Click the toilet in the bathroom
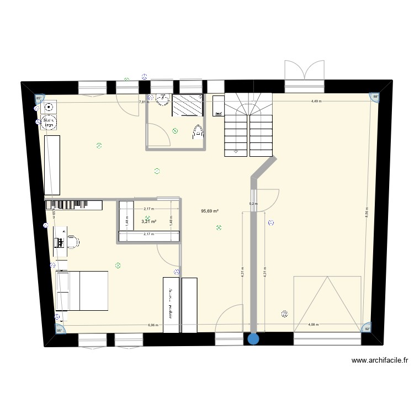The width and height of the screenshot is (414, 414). (x=198, y=131)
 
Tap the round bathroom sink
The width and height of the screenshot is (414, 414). (x=162, y=100)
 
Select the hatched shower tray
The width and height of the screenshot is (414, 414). (x=188, y=105)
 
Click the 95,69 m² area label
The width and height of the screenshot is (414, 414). (x=210, y=211)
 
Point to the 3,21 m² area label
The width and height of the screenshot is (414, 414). (x=149, y=222)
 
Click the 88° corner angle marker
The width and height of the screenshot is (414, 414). (x=375, y=97)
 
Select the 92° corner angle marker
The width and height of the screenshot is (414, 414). (x=367, y=330)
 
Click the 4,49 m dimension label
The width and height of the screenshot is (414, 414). (x=316, y=102)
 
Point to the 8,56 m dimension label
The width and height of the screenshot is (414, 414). (x=367, y=213)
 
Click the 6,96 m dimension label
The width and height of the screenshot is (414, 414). (x=153, y=325)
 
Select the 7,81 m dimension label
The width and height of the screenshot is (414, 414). (x=144, y=102)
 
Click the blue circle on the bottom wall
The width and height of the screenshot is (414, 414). (x=253, y=339)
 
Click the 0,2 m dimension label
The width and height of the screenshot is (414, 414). (x=253, y=204)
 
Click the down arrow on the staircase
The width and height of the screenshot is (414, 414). (x=236, y=151)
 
